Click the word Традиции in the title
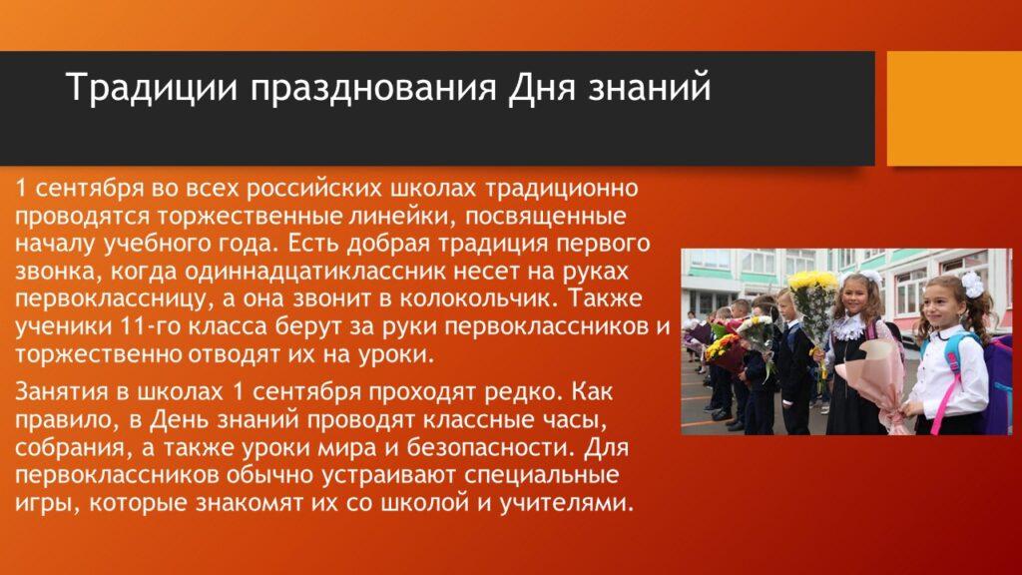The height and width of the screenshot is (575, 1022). tap(152, 88)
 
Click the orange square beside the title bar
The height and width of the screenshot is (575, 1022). tap(954, 108)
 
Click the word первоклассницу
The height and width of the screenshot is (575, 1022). tap(108, 299)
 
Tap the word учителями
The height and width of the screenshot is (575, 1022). tap(566, 504)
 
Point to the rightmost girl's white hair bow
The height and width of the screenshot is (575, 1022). tap(973, 285)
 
